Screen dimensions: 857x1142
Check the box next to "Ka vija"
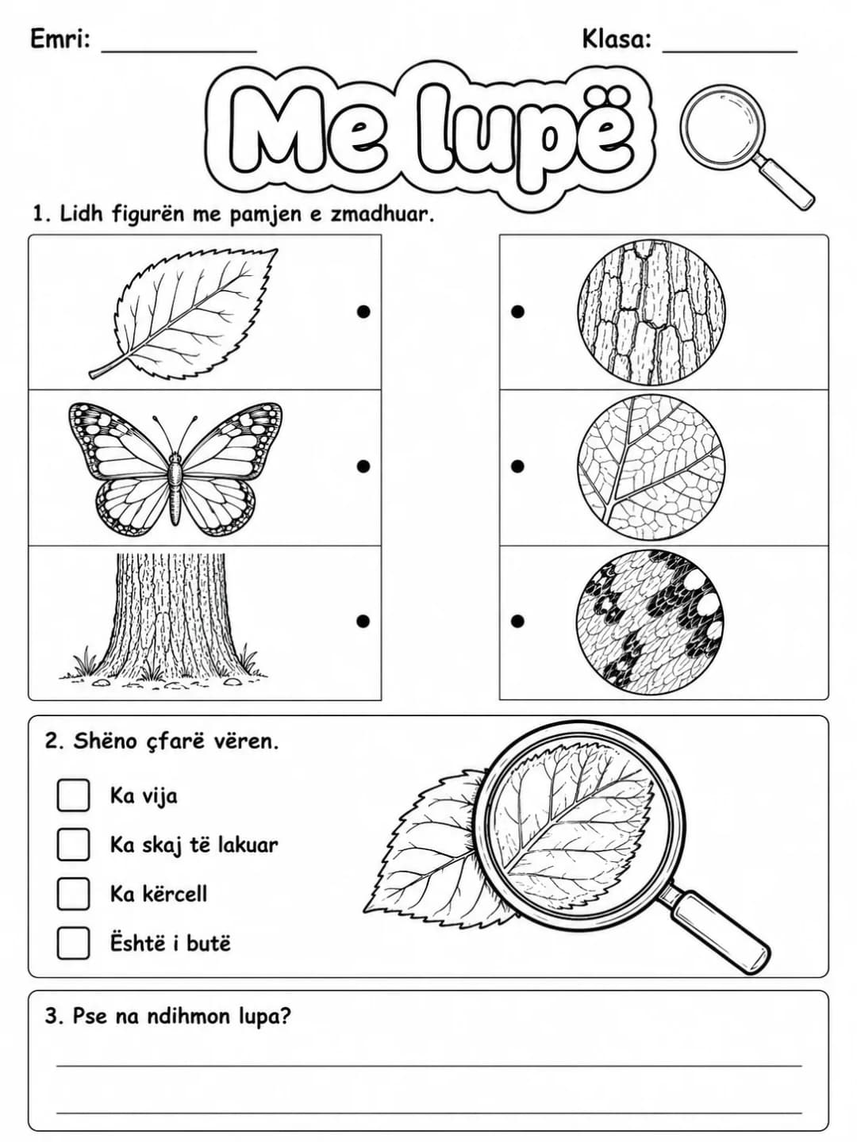click(x=73, y=795)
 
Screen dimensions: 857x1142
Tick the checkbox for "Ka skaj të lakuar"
click(x=73, y=845)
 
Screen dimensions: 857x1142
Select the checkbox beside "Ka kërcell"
click(x=73, y=894)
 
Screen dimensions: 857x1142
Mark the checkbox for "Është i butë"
click(x=73, y=943)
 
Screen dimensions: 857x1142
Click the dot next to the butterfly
click(x=363, y=466)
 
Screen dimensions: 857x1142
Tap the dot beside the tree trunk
click(x=363, y=621)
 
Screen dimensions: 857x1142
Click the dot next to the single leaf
click(x=363, y=312)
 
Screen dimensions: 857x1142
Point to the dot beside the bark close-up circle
click(x=517, y=312)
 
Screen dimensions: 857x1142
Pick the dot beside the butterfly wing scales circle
click(x=517, y=621)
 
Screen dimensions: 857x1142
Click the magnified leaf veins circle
click(x=651, y=466)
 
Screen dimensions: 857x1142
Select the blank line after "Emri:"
click(x=179, y=52)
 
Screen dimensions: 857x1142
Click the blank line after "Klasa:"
click(x=730, y=52)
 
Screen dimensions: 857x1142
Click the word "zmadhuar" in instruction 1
click(x=381, y=214)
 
